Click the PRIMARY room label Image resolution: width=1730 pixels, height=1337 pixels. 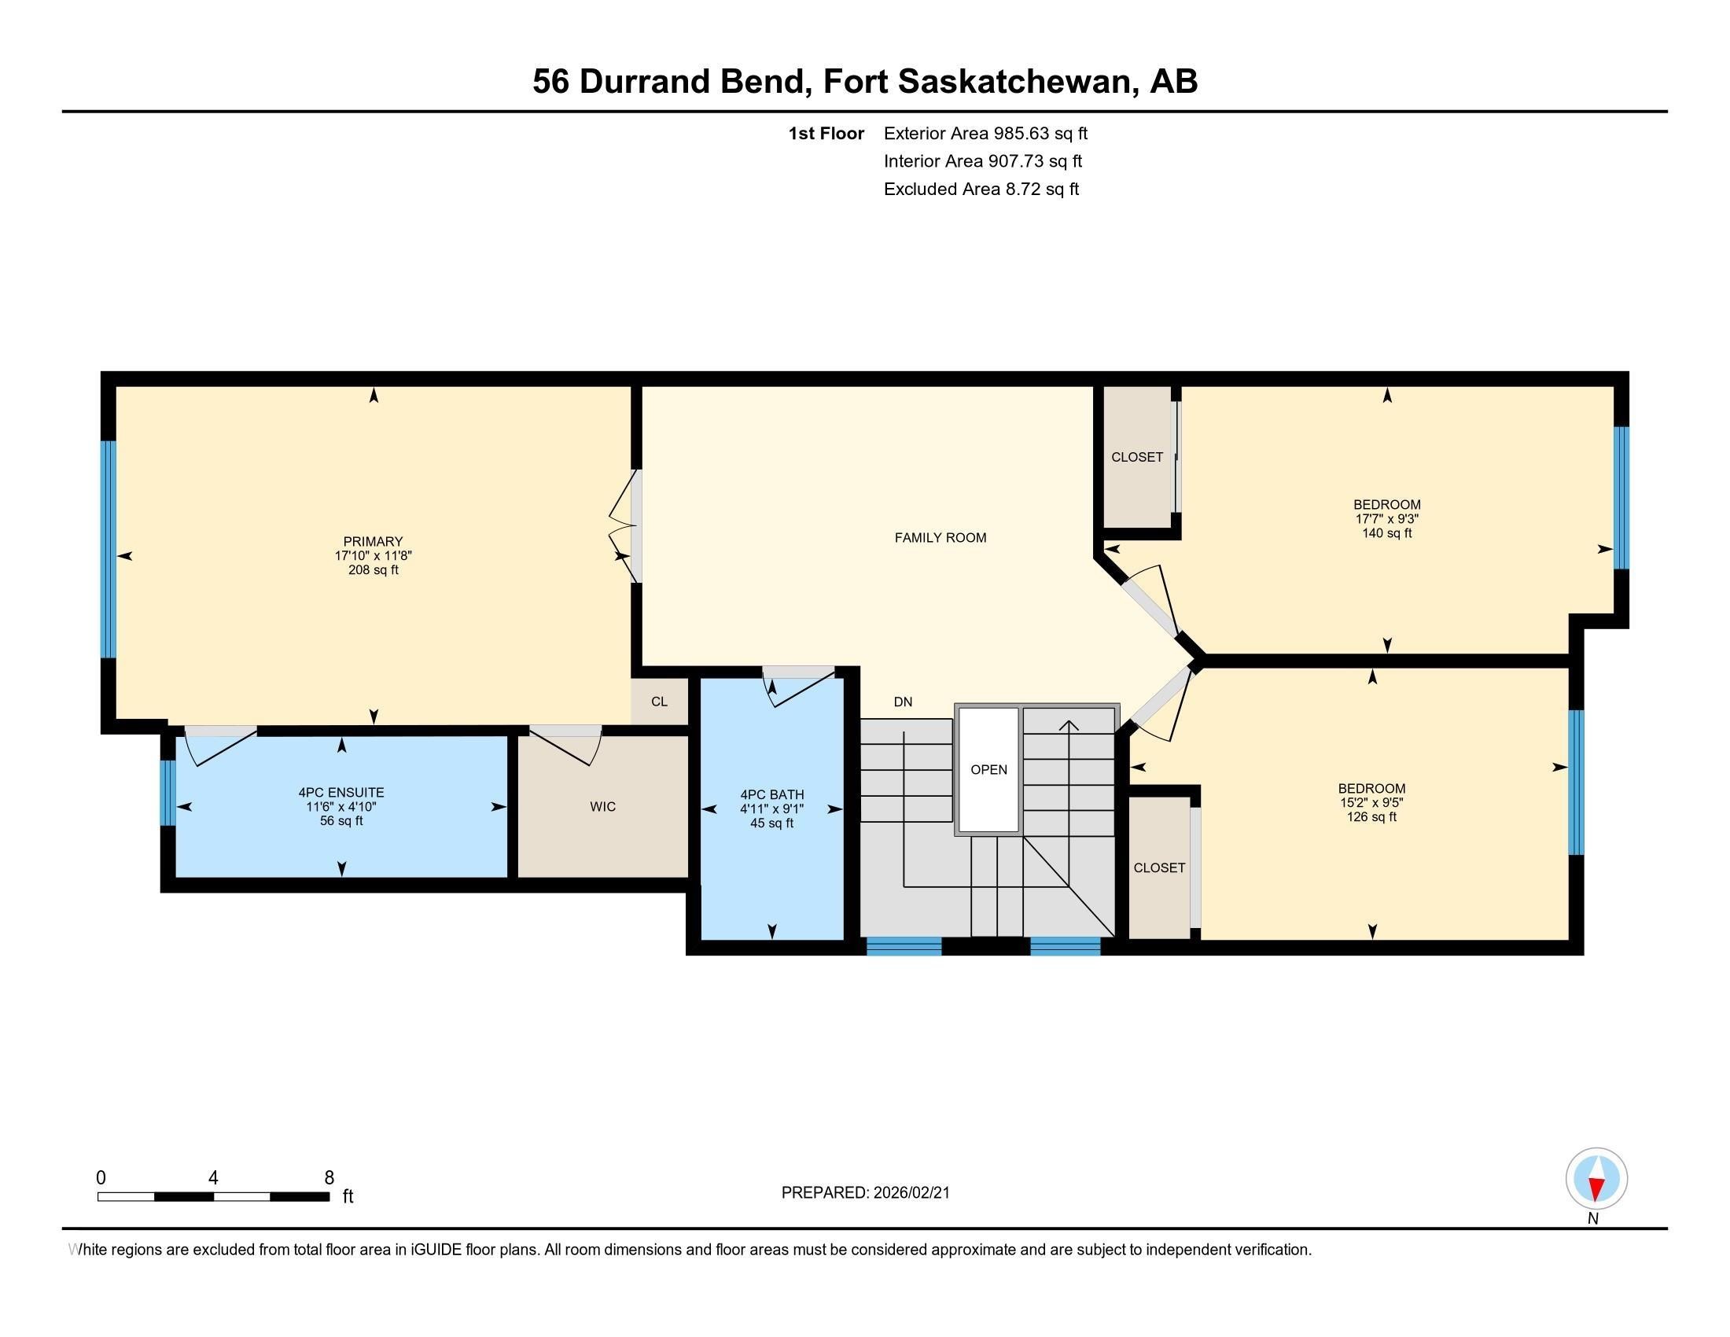click(x=373, y=542)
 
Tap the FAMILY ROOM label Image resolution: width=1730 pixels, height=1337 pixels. click(x=940, y=538)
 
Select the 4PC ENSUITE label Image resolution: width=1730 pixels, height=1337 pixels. click(x=340, y=792)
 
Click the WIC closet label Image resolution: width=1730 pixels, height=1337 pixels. click(x=603, y=806)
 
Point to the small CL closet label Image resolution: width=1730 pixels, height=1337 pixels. click(x=659, y=702)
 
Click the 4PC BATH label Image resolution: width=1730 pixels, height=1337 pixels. click(x=771, y=794)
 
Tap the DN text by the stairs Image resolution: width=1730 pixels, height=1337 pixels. click(x=902, y=702)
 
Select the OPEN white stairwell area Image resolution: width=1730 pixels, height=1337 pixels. click(x=988, y=770)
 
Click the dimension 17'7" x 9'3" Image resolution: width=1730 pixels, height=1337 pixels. click(x=1386, y=519)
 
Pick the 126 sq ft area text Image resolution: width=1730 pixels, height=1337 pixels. click(x=1371, y=816)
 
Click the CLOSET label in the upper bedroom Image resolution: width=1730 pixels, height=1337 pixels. click(x=1137, y=457)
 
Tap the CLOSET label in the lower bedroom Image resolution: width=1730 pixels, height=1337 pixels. click(x=1159, y=867)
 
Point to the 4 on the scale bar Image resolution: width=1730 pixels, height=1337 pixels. click(x=213, y=1178)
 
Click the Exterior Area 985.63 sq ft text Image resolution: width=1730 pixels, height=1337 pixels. click(x=985, y=133)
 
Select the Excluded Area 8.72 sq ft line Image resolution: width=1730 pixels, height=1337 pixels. click(x=981, y=189)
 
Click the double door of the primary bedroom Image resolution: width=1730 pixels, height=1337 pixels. click(x=624, y=527)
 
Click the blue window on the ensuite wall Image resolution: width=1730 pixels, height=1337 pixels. click(x=167, y=792)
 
